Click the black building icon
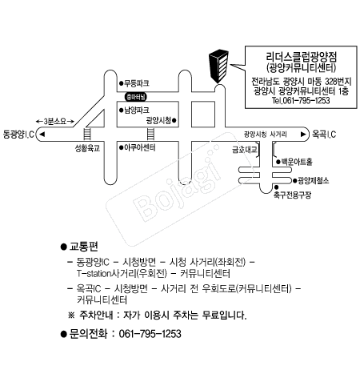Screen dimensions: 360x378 click(218, 66)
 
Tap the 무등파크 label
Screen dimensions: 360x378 click(137, 83)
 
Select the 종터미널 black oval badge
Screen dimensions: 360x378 click(136, 97)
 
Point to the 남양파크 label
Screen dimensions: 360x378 click(137, 110)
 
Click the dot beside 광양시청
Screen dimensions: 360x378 click(174, 121)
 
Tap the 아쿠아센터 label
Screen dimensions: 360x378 click(140, 147)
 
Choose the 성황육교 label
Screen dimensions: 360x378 click(87, 148)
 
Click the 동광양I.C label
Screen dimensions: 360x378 click(18, 134)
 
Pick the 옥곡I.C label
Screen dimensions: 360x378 click(324, 134)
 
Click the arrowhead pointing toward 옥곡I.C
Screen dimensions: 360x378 click(303, 134)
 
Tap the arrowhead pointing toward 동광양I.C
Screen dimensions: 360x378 click(42, 134)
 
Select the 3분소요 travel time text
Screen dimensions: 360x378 click(55, 122)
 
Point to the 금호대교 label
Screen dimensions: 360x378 click(244, 149)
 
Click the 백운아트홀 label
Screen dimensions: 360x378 click(297, 162)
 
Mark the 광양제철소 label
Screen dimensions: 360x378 click(314, 181)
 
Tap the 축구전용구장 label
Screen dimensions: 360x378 click(292, 195)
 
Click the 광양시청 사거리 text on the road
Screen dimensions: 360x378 click(266, 134)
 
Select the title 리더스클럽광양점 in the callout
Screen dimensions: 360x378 click(302, 57)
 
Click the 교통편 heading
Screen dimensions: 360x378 click(83, 247)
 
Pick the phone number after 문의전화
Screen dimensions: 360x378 click(150, 334)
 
